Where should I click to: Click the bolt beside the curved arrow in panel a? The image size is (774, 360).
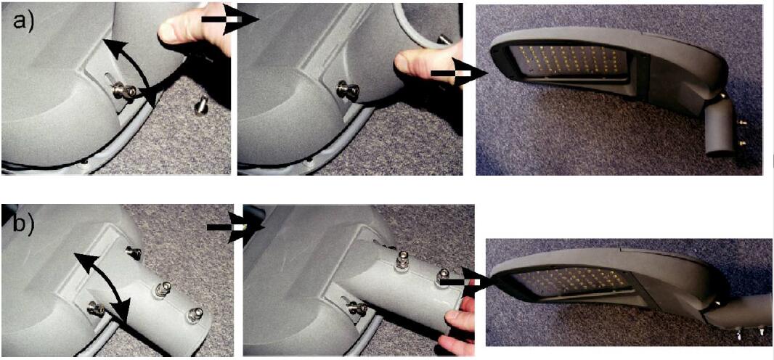pyautogui.click(x=123, y=91)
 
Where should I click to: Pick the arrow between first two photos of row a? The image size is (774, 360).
pyautogui.click(x=230, y=20)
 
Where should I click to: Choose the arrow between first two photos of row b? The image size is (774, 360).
pyautogui.click(x=235, y=227)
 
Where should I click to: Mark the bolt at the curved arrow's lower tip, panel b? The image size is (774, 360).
pyautogui.click(x=97, y=309)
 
